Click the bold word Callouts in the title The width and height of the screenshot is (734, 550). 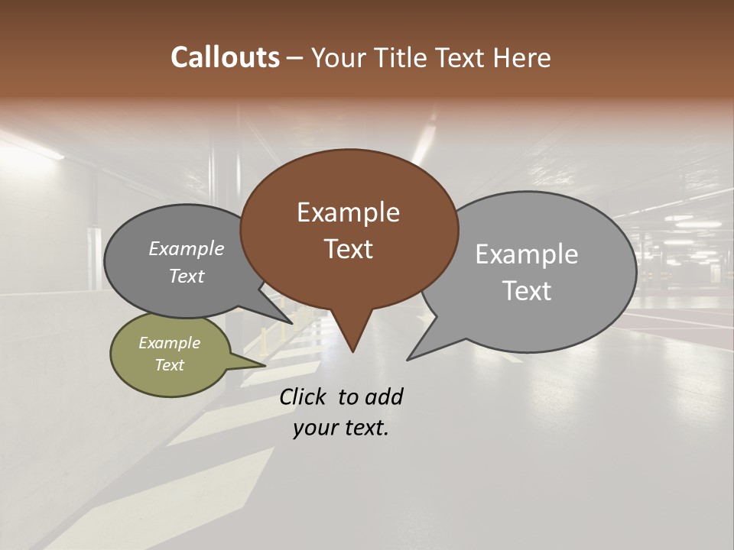click(x=225, y=57)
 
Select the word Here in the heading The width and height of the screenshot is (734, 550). click(x=522, y=57)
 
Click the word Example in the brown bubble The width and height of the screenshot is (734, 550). click(x=348, y=212)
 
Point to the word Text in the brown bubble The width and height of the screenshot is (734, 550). click(x=348, y=249)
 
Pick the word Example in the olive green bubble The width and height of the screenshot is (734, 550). click(x=169, y=343)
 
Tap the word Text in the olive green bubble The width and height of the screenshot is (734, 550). click(x=169, y=365)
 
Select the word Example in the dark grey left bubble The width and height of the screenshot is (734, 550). click(x=187, y=248)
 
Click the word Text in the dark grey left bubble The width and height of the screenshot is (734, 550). click(x=187, y=276)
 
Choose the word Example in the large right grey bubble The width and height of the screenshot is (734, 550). click(x=527, y=254)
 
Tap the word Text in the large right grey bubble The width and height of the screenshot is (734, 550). click(x=527, y=291)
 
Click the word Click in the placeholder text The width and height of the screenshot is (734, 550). click(x=304, y=396)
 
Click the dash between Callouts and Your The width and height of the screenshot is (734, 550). click(x=295, y=57)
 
